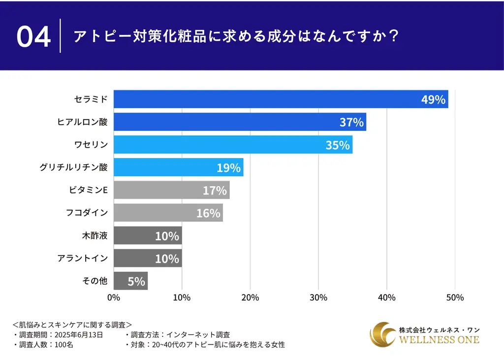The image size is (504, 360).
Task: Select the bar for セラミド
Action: click(281, 99)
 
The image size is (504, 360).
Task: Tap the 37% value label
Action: click(351, 122)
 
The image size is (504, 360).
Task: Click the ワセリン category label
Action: click(90, 145)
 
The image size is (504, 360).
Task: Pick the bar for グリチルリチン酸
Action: click(178, 167)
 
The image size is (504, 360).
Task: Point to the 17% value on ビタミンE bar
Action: click(215, 190)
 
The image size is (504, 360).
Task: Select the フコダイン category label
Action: click(86, 213)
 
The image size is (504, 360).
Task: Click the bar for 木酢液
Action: click(148, 235)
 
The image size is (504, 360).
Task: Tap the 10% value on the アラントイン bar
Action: click(167, 259)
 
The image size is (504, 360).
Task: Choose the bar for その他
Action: click(130, 281)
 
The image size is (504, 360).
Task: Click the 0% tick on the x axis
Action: click(114, 297)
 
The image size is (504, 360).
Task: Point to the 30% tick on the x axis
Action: click(318, 297)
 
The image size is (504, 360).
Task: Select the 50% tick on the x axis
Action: click(455, 297)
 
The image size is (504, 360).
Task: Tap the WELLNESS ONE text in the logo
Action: click(439, 340)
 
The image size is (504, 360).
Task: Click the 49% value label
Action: click(433, 99)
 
